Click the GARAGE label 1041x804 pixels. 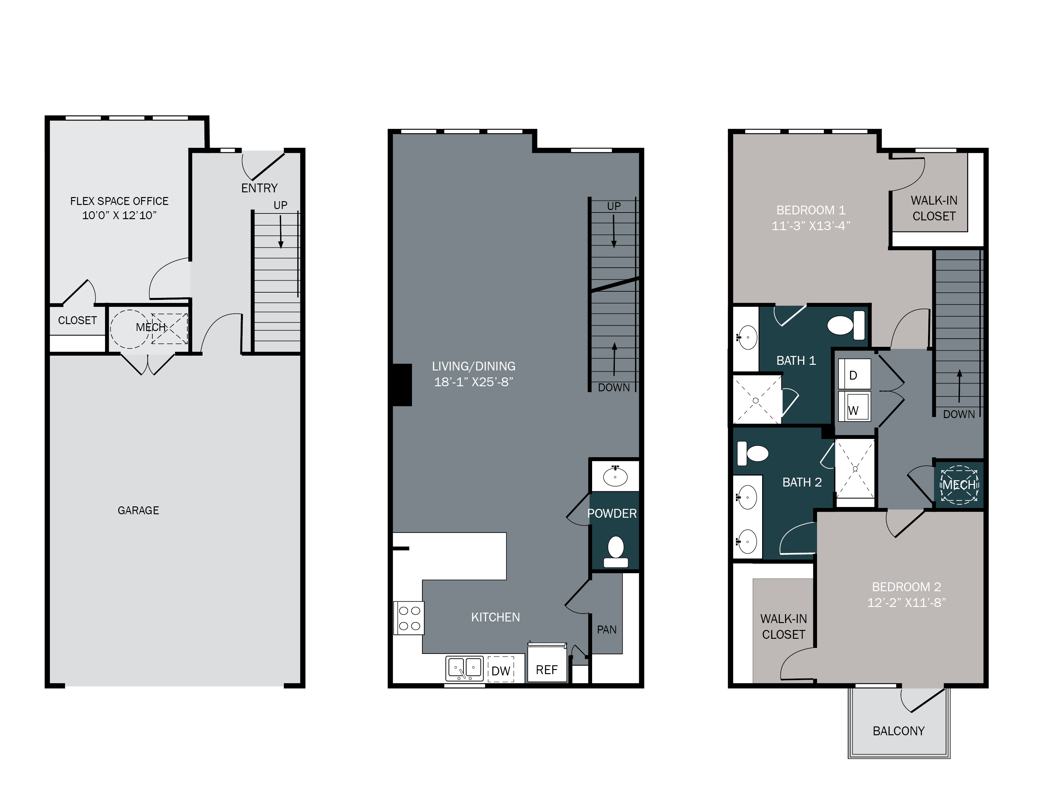point(138,510)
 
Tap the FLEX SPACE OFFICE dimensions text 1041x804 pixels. point(119,215)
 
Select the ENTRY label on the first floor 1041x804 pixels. point(259,188)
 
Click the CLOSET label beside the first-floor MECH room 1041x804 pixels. point(77,320)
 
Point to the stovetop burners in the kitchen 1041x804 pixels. point(409,618)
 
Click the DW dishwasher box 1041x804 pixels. point(501,671)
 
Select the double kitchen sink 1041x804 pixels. point(464,668)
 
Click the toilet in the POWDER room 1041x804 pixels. point(615,551)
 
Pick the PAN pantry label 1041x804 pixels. point(606,630)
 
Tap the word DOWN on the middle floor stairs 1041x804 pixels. point(614,388)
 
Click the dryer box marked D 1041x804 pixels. point(854,375)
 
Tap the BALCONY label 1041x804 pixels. point(898,731)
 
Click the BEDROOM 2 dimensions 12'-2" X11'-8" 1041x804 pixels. point(906,603)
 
